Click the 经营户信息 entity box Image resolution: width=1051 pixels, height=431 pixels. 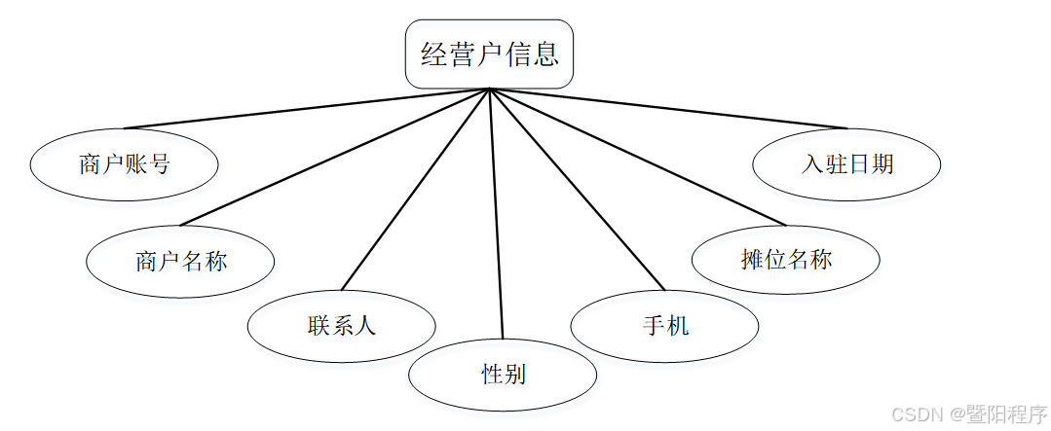pos(489,54)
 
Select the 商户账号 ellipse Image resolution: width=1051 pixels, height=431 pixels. pos(125,164)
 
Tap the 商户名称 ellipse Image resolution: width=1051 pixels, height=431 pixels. pos(180,261)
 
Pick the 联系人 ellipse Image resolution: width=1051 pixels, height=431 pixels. pos(341,326)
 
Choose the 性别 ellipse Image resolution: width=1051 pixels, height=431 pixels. pos(503,374)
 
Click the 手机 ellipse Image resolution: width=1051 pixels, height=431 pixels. pos(664,326)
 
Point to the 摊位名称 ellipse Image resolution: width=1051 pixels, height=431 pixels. pos(785,259)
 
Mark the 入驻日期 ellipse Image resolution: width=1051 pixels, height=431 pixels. pos(846,164)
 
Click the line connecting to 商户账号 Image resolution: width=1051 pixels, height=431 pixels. pos(306,109)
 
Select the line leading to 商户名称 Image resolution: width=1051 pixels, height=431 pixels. pos(334,157)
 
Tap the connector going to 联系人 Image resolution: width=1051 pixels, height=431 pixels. pos(415,190)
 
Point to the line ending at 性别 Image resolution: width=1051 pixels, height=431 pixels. pos(496,214)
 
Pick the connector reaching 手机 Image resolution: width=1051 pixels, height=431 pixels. pos(577,190)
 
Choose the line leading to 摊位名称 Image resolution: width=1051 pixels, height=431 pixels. pos(637,157)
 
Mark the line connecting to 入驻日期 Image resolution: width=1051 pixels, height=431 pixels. pos(668,109)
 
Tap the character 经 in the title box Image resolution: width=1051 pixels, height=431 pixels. pos(432,54)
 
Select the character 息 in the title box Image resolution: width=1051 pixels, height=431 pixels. pos(546,54)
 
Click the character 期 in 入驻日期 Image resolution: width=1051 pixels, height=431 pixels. pos(882,164)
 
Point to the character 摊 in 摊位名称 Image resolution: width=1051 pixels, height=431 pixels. pos(751,259)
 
